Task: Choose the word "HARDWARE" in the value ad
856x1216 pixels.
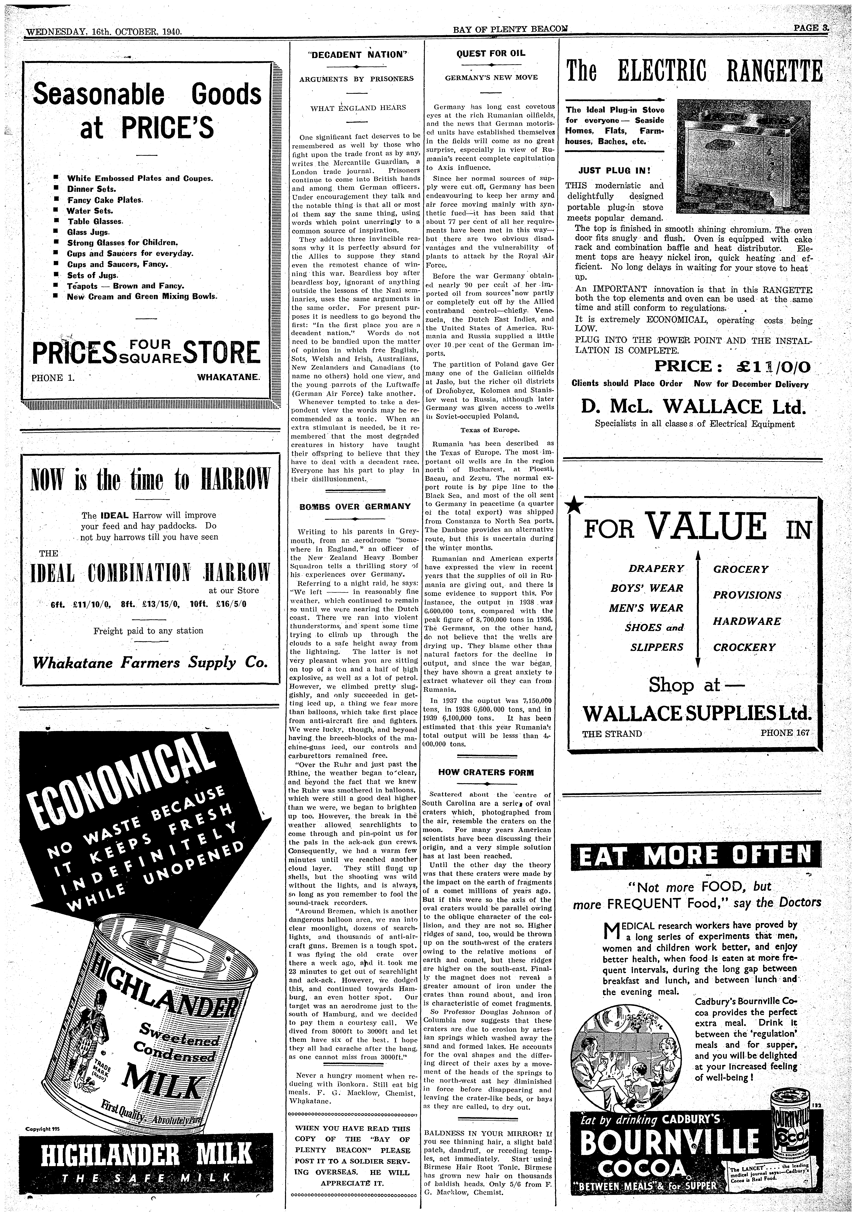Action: coord(747,621)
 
